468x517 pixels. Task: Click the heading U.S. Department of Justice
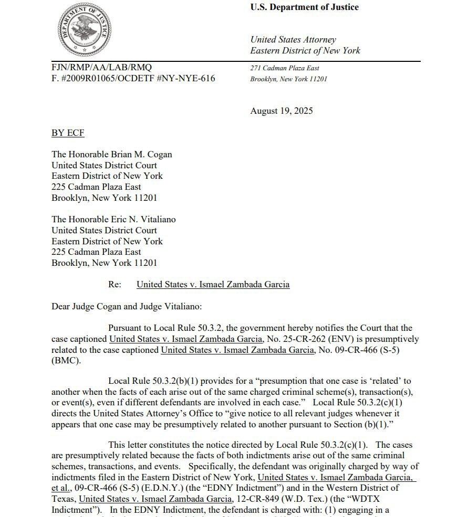pyautogui.click(x=304, y=7)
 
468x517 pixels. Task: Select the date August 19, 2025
pyautogui.click(x=282, y=111)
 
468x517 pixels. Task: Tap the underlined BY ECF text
pyautogui.click(x=68, y=133)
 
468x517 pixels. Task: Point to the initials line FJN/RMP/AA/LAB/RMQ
pyautogui.click(x=101, y=67)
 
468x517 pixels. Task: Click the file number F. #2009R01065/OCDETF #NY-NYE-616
pyautogui.click(x=133, y=79)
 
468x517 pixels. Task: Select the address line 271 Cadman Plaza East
pyautogui.click(x=285, y=68)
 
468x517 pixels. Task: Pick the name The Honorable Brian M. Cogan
pyautogui.click(x=111, y=154)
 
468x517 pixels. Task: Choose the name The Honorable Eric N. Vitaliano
pyautogui.click(x=113, y=219)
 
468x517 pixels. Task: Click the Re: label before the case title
pyautogui.click(x=115, y=284)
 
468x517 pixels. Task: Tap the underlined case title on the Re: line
pyautogui.click(x=213, y=284)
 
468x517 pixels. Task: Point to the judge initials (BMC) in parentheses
pyautogui.click(x=64, y=361)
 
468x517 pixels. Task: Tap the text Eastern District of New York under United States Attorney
pyautogui.click(x=305, y=51)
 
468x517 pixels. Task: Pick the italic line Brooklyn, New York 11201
pyautogui.click(x=288, y=79)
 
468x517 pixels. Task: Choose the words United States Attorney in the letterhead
pyautogui.click(x=293, y=39)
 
